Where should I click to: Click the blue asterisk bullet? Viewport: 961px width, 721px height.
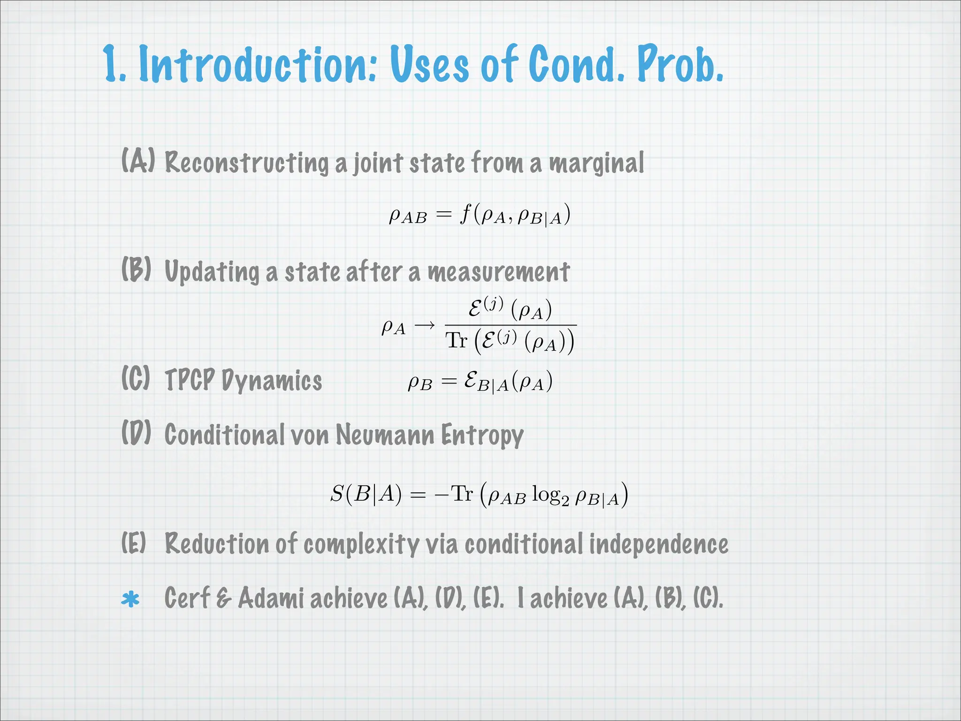[x=130, y=599]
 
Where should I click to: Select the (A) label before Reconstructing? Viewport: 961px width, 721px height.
[x=137, y=161]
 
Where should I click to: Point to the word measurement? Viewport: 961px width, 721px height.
[x=498, y=272]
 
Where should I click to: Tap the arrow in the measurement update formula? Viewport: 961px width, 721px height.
[x=425, y=325]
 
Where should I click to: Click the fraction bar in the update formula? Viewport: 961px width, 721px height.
[x=510, y=325]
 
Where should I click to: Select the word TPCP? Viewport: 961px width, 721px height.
[x=190, y=380]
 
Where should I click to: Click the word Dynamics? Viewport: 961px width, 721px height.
[x=272, y=381]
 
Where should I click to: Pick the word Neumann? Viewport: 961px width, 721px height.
[x=385, y=435]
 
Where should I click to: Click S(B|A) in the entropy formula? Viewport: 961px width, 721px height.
[x=366, y=494]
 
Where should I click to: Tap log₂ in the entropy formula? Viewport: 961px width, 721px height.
[x=550, y=495]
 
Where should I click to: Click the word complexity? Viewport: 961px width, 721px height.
[x=361, y=545]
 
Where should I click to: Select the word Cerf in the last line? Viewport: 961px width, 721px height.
[x=186, y=598]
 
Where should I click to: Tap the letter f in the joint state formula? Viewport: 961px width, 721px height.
[x=465, y=215]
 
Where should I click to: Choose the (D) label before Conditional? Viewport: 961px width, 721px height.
[x=136, y=432]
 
